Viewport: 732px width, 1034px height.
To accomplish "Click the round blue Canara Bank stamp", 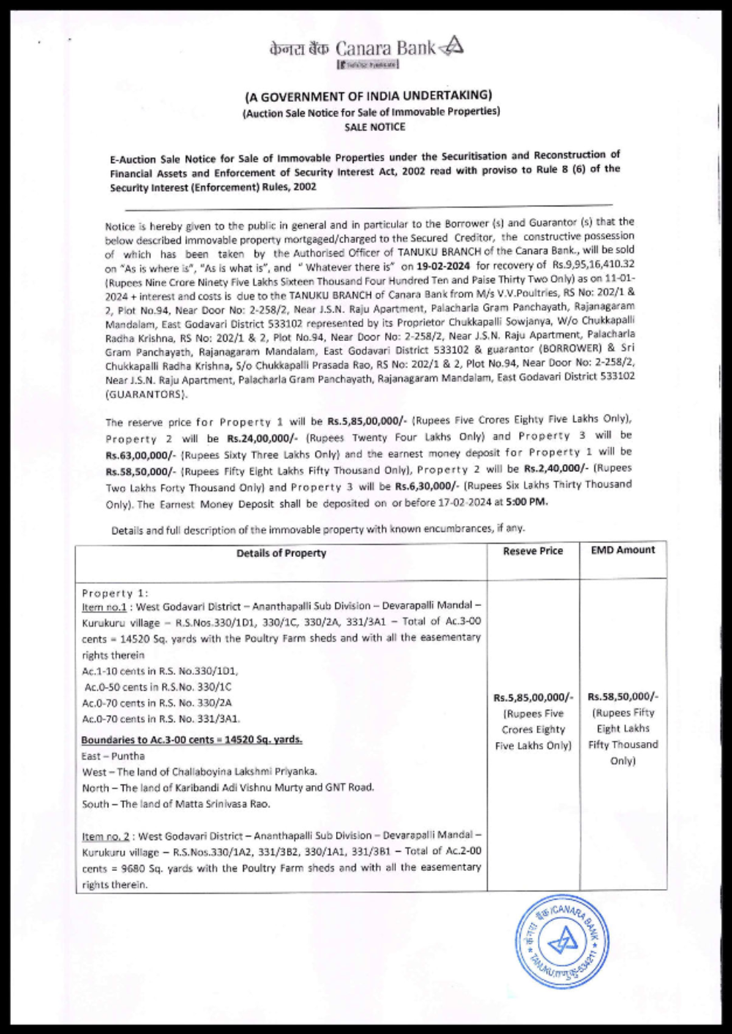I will tap(561, 941).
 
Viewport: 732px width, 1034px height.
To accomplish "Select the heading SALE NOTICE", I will tap(375, 127).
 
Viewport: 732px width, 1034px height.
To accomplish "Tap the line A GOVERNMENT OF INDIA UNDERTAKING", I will tap(368, 96).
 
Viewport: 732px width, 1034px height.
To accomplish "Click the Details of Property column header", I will tap(281, 553).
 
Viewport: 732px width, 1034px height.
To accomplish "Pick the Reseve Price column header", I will tap(533, 551).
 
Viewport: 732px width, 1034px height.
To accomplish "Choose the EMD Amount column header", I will tap(623, 550).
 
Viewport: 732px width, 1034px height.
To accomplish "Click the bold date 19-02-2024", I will tap(443, 266).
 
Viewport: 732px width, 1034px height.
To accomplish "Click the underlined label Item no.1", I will tap(104, 607).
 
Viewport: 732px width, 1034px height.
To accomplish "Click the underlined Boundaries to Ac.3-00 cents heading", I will tap(192, 740).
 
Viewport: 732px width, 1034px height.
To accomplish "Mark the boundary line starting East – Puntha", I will tap(113, 756).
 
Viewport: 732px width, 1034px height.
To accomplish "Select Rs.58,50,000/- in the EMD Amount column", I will tap(623, 697).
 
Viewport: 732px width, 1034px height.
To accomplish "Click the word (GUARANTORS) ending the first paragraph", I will tap(146, 394).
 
